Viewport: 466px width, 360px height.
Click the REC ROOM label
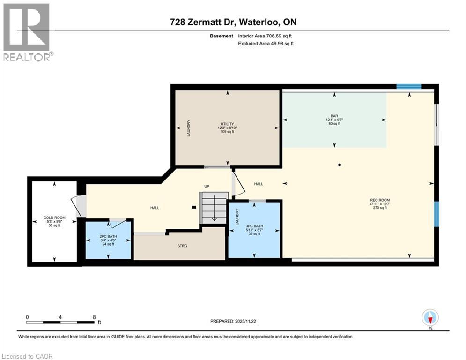(x=380, y=200)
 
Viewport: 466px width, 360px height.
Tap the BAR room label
(x=334, y=116)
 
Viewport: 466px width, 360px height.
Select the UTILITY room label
(x=227, y=124)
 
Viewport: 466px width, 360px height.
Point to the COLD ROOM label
(x=54, y=217)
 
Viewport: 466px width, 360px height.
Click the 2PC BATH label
(x=108, y=236)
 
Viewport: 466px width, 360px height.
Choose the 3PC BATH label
(x=254, y=226)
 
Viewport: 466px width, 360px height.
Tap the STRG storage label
(x=182, y=246)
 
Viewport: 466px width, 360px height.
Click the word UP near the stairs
(x=207, y=186)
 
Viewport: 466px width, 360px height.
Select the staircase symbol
(x=214, y=208)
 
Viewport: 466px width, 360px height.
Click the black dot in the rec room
(x=340, y=165)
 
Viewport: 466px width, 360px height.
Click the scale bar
(x=60, y=322)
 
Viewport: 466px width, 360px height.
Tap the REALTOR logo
(x=27, y=32)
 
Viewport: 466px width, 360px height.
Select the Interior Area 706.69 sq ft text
(x=265, y=36)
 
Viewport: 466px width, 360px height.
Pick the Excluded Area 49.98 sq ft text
(x=266, y=44)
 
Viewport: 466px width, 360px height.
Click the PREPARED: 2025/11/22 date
(x=233, y=321)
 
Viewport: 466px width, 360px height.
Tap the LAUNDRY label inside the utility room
(x=188, y=128)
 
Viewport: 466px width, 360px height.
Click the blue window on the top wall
(x=409, y=87)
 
